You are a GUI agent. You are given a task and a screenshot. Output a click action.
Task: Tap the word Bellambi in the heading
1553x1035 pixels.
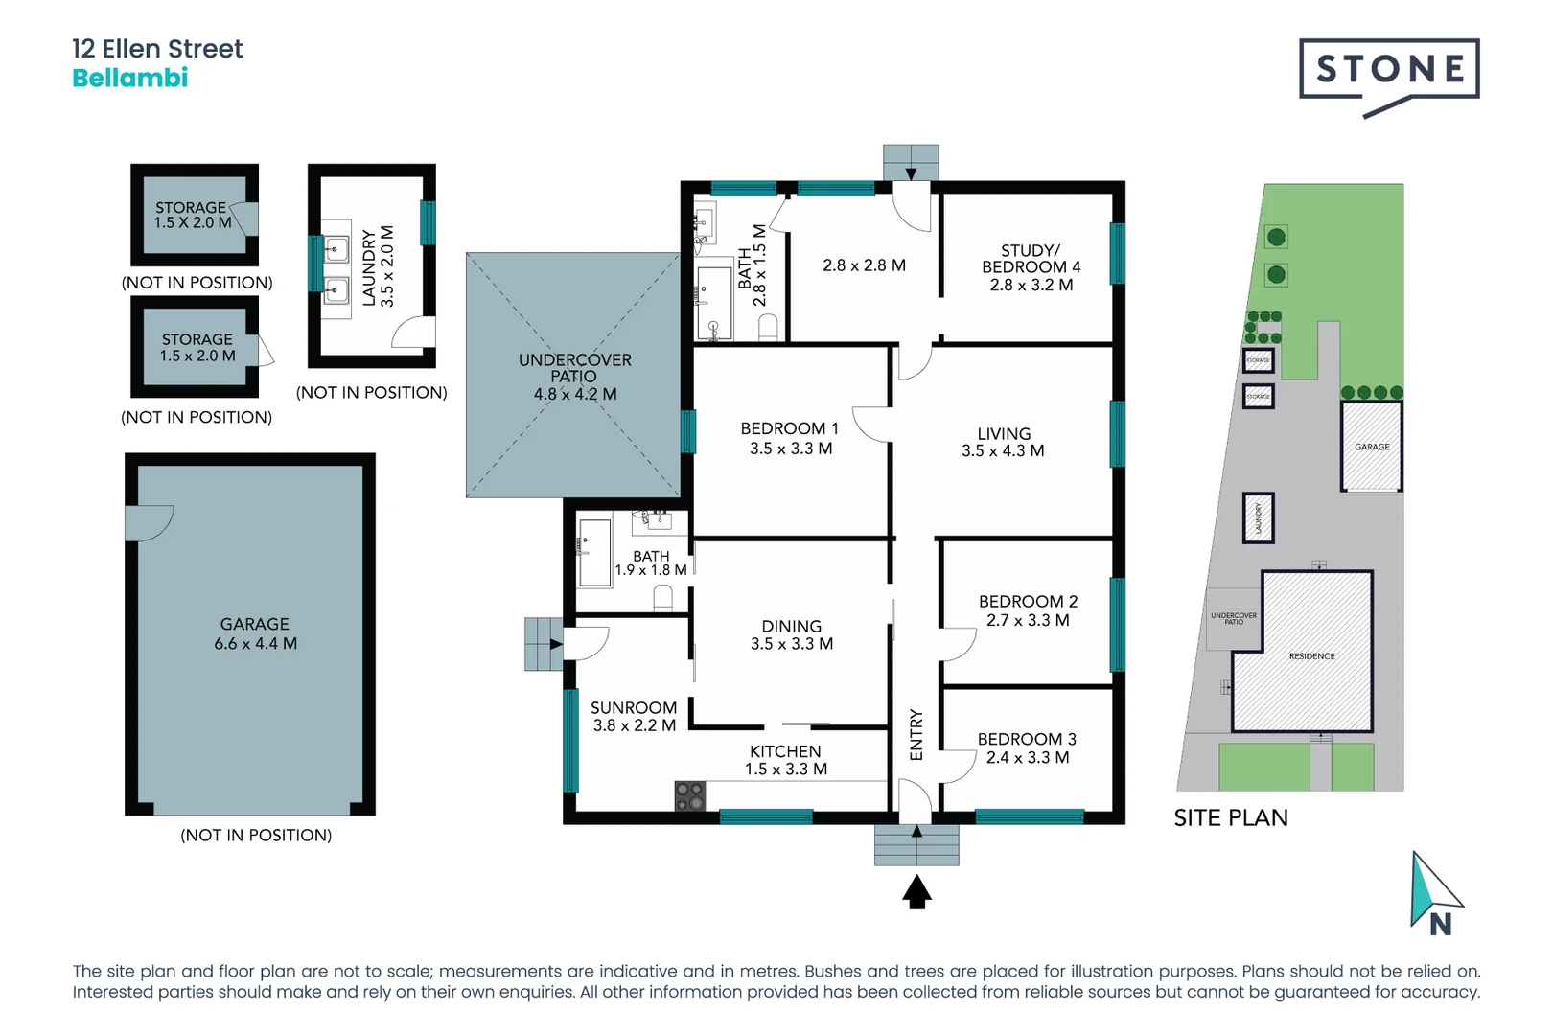click(130, 79)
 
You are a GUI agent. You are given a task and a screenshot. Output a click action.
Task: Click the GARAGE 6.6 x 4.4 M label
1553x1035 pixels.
click(255, 633)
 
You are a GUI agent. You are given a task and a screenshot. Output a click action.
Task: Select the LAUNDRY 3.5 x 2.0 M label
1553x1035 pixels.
click(378, 266)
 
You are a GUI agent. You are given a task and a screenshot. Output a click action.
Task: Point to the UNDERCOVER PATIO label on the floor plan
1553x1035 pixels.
click(574, 368)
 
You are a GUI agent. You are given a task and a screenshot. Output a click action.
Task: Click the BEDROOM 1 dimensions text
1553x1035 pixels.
click(791, 448)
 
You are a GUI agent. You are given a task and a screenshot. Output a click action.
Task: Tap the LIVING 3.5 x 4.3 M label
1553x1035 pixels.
click(1003, 442)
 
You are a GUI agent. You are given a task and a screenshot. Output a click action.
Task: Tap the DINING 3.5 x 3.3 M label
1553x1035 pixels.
click(791, 634)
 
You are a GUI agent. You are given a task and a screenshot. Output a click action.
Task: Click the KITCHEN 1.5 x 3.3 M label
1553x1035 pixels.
click(785, 760)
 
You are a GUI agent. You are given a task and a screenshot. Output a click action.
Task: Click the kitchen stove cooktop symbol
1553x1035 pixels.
click(690, 796)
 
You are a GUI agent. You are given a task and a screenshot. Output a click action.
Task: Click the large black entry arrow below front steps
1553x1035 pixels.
click(916, 892)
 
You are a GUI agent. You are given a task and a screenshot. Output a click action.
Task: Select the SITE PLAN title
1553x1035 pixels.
click(1231, 817)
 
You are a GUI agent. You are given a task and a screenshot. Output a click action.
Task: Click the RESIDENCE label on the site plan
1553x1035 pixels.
click(1311, 656)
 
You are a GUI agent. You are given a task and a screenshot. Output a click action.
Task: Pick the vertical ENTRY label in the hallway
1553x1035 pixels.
click(916, 735)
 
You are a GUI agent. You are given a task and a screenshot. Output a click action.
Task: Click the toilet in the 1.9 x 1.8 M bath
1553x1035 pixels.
click(662, 599)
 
